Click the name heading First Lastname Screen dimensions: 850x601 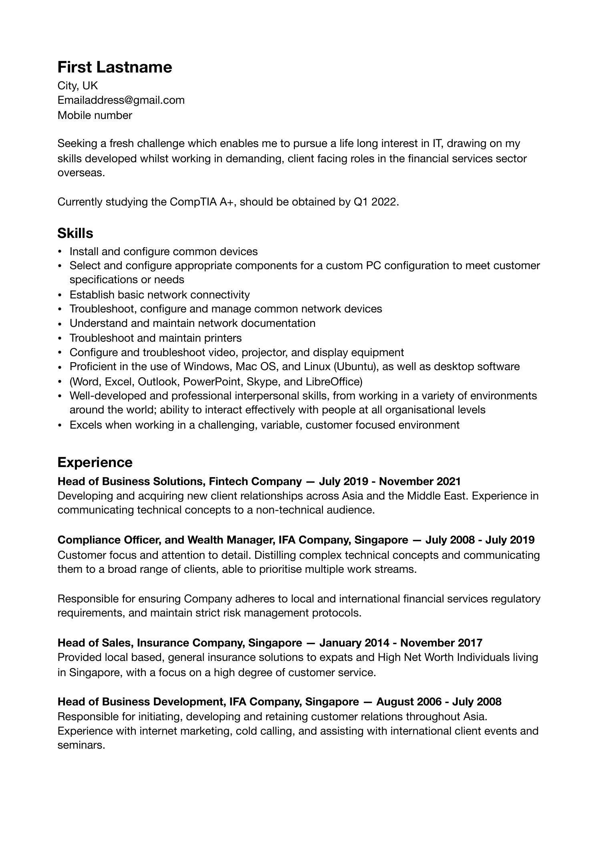[x=115, y=67]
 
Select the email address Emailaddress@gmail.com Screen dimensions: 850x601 [x=121, y=100]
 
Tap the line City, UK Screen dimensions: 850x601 [x=77, y=86]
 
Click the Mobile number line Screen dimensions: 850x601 [x=95, y=115]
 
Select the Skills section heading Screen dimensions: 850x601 [x=75, y=233]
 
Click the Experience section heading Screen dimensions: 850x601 [x=95, y=462]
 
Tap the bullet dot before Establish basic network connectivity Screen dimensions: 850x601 [x=60, y=295]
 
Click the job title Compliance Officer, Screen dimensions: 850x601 [x=109, y=540]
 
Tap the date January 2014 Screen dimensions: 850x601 [x=354, y=643]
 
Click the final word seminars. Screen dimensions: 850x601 [x=81, y=745]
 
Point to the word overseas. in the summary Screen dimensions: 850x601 [x=81, y=173]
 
